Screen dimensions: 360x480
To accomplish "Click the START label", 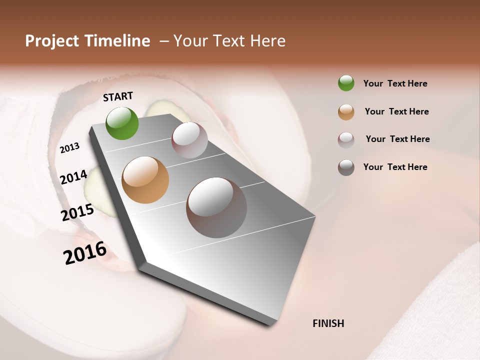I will click(x=118, y=96).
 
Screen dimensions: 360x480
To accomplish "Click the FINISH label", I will click(x=328, y=323).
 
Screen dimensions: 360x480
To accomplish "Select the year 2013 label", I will click(x=69, y=148).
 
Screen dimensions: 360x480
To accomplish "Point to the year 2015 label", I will click(x=77, y=212).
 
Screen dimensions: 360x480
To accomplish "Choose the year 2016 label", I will click(x=85, y=253).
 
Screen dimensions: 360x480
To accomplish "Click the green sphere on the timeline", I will click(x=122, y=123).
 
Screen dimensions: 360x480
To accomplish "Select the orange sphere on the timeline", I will click(x=145, y=180).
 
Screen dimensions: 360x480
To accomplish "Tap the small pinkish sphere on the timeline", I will click(x=189, y=140).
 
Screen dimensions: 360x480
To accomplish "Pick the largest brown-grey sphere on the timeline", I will click(x=216, y=207).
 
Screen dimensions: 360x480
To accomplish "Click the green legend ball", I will click(x=346, y=83).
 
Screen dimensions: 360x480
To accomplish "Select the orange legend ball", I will click(x=346, y=112).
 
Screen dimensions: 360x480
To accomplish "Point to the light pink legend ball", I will click(x=346, y=140).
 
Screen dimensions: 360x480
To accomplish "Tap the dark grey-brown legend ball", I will click(x=346, y=167).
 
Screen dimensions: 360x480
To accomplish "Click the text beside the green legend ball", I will click(x=395, y=83).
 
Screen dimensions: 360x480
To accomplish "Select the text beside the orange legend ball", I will click(x=396, y=111).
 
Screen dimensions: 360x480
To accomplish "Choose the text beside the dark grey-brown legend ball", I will click(x=395, y=167).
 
